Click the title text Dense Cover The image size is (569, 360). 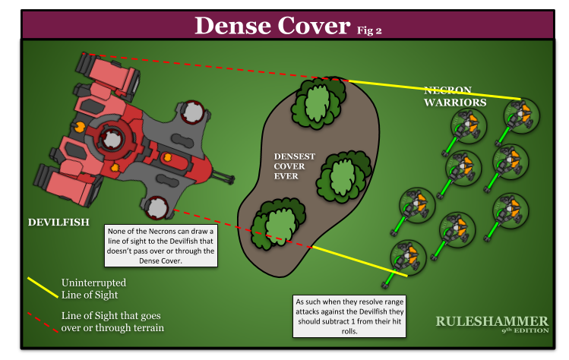pos(272,25)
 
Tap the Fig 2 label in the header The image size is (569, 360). pos(369,30)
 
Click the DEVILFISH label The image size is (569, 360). pos(58,223)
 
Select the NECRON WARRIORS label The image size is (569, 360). pos(455,96)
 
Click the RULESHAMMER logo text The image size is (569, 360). pos(492,321)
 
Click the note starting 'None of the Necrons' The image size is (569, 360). pos(163,245)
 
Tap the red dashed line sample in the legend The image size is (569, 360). pos(43,321)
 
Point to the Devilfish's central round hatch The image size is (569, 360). pos(112,140)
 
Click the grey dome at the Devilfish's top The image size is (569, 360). pos(194,112)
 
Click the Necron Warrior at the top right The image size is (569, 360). pos(523,114)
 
